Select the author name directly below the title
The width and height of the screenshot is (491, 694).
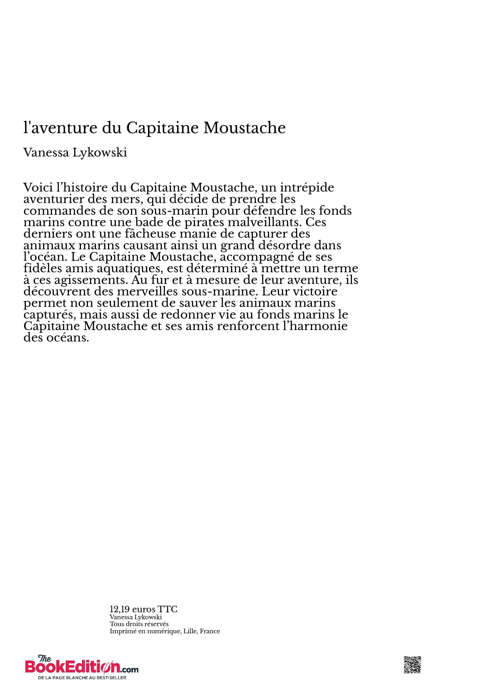click(75, 153)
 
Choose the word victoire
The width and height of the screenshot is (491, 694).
click(315, 291)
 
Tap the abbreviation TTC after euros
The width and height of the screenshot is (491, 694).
click(167, 609)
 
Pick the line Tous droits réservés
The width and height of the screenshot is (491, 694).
click(139, 624)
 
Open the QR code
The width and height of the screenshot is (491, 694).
click(412, 665)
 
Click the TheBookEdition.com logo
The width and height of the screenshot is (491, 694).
click(82, 664)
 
